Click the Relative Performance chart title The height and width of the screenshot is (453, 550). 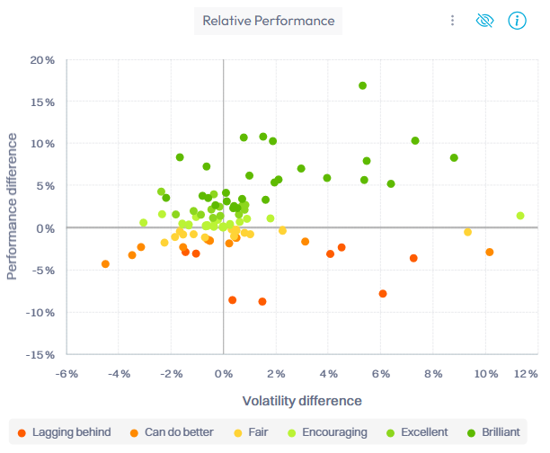point(268,21)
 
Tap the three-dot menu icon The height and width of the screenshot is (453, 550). point(453,21)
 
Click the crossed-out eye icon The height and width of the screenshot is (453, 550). point(485,21)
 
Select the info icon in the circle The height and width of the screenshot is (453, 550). point(517,21)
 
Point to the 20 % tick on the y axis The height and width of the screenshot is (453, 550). point(41,60)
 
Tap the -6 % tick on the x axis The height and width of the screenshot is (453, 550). point(66,374)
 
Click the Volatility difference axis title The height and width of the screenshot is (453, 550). point(302,401)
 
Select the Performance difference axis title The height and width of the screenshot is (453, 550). point(13,206)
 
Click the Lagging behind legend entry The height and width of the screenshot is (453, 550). point(64,432)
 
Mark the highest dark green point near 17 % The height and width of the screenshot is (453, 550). point(363,86)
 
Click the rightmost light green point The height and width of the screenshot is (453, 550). point(520,216)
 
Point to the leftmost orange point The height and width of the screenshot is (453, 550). point(105,264)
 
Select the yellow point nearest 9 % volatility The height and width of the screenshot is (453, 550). point(467,232)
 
